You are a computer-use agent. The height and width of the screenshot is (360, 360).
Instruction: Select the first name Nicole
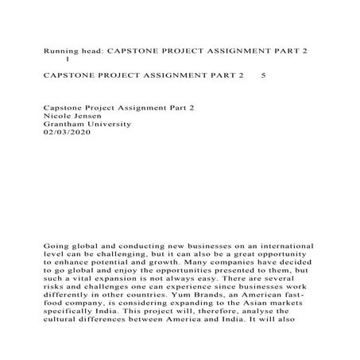[x=60, y=114]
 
